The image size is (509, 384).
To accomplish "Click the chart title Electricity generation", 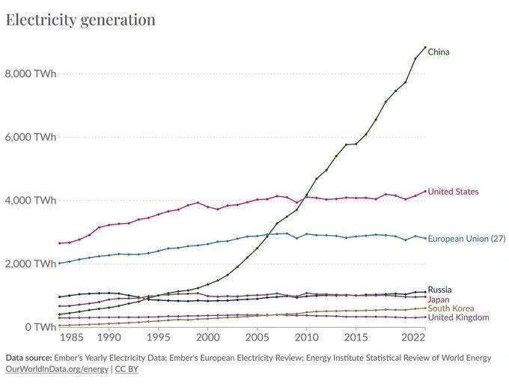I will [x=81, y=19].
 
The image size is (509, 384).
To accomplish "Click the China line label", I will [x=439, y=52].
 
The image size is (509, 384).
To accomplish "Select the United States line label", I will [x=453, y=192].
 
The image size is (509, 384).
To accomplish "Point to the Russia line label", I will [x=439, y=290].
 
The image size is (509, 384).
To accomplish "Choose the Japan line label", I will [x=439, y=299].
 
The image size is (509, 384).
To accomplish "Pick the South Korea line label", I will [x=451, y=308].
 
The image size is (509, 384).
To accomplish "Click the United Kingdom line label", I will [x=458, y=317].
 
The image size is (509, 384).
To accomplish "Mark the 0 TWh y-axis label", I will [x=37, y=327].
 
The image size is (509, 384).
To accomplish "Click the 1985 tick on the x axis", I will [x=69, y=338].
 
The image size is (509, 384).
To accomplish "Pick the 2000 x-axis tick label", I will [x=207, y=338].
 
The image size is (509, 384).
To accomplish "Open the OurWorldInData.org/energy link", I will [x=57, y=369].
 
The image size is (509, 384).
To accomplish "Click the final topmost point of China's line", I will [x=425, y=48].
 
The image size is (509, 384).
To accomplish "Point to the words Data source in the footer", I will [x=31, y=358].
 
